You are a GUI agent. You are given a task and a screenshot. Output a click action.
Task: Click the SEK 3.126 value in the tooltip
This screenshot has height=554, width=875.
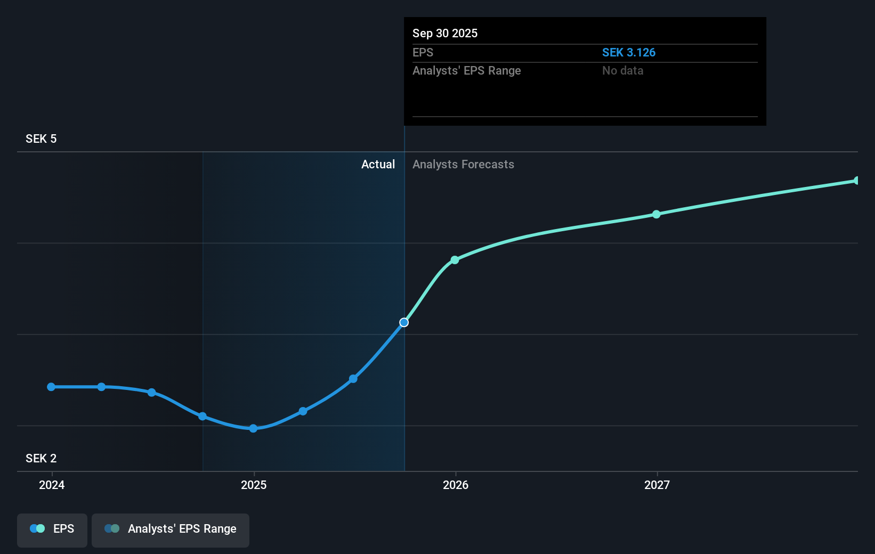(628, 53)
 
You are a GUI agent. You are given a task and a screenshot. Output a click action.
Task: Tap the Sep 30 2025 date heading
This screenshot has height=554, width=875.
(445, 34)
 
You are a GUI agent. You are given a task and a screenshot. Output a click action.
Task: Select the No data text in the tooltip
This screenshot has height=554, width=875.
(622, 71)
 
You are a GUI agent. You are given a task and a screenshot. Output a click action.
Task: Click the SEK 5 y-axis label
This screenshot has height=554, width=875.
(41, 139)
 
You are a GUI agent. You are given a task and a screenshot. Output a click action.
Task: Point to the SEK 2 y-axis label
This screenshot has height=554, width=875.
(41, 459)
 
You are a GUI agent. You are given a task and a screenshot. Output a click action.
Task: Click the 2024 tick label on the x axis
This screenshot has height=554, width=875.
(52, 485)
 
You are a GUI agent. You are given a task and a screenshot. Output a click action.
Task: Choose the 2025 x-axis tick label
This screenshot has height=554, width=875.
(254, 485)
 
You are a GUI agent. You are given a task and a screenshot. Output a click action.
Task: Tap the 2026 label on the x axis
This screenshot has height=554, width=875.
(456, 485)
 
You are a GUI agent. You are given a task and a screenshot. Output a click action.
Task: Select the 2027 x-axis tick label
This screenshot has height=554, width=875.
(657, 485)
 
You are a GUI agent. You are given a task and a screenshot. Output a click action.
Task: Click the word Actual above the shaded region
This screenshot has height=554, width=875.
(378, 165)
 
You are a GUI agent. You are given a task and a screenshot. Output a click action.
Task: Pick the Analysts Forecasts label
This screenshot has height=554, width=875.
(463, 165)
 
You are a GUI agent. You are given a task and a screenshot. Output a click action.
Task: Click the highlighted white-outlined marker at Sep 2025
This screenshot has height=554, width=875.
(404, 322)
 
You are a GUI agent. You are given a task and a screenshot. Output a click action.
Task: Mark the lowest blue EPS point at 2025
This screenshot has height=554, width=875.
(253, 428)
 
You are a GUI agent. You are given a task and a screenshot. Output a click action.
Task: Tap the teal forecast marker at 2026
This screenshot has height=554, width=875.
(455, 260)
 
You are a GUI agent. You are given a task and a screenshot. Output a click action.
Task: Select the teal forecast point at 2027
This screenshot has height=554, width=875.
(657, 214)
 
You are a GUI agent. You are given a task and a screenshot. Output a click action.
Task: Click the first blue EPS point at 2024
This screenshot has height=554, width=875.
(51, 387)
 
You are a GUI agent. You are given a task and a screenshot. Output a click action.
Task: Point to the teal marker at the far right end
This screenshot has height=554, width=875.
(856, 181)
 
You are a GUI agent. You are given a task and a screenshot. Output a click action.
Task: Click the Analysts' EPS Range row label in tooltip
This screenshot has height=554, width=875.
(466, 71)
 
